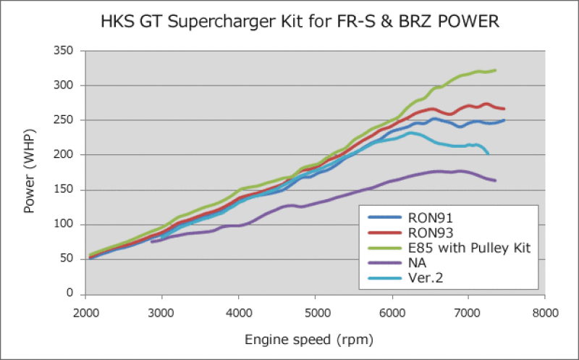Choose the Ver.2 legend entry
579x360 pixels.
tap(428, 280)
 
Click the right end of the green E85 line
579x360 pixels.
tap(496, 70)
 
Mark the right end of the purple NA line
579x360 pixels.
tap(496, 180)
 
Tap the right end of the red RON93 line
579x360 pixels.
tap(504, 109)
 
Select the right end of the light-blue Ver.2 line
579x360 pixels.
tap(489, 154)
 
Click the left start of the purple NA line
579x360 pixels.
tap(151, 241)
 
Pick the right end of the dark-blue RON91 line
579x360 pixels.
tap(504, 120)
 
